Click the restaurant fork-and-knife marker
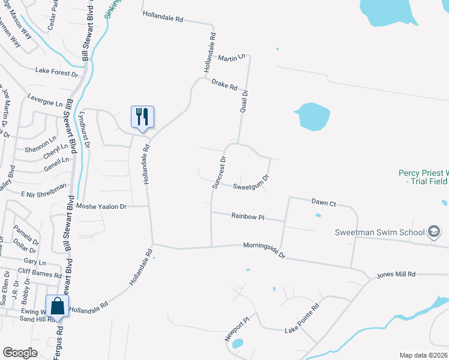(x=142, y=116)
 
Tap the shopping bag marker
(x=58, y=306)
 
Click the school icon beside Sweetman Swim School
(x=433, y=232)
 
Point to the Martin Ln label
(x=232, y=58)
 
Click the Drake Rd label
(x=225, y=86)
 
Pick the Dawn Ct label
(x=324, y=202)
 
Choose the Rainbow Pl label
(x=249, y=216)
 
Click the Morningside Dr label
(x=264, y=249)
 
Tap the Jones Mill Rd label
(x=396, y=274)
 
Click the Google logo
(x=20, y=353)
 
